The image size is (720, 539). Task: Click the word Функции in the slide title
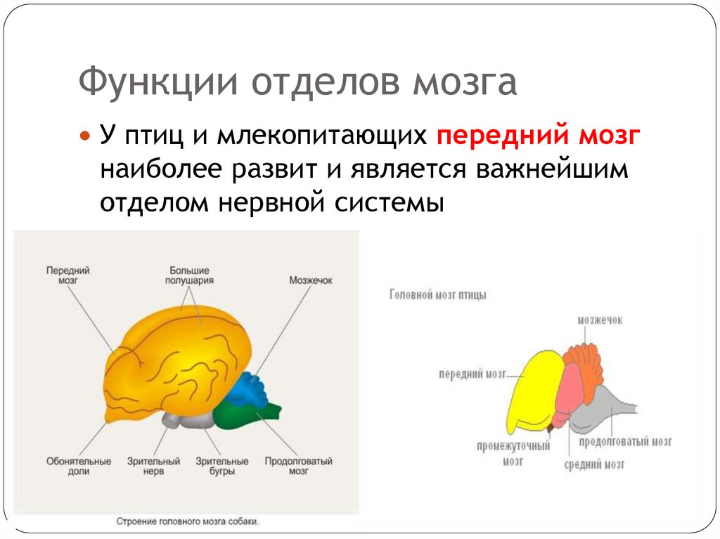[157, 84]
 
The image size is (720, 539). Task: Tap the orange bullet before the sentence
[86, 134]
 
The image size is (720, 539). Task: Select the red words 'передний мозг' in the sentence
[538, 134]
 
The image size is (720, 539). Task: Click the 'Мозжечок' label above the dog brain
[310, 280]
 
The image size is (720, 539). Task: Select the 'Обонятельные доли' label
[79, 467]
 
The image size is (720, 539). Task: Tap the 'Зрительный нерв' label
[153, 467]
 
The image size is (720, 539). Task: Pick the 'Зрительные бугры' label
[223, 467]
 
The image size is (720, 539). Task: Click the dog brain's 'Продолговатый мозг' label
[298, 467]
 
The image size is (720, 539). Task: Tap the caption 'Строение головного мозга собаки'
[188, 522]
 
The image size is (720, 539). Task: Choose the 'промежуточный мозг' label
[513, 454]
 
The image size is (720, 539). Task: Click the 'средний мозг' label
[594, 465]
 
